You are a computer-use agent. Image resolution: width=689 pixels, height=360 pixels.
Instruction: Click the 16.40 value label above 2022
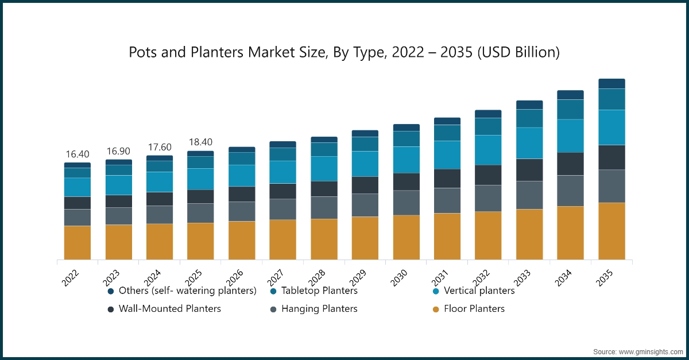coord(78,154)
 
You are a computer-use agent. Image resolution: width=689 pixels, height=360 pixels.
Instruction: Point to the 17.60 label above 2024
coord(160,147)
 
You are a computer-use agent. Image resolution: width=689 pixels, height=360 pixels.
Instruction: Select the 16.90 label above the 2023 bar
coord(119,151)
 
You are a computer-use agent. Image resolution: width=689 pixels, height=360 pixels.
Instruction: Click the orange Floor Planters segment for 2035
coord(611,231)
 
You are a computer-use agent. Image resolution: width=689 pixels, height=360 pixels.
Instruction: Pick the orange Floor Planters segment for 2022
coord(78,242)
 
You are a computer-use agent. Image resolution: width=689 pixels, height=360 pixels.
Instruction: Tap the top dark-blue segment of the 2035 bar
coord(611,84)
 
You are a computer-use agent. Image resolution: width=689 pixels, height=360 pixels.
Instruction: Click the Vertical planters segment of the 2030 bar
coord(407,160)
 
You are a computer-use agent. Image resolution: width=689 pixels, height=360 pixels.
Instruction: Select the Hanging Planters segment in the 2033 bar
coord(529,195)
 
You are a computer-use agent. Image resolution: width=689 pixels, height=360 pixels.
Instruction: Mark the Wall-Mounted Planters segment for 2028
coord(324,189)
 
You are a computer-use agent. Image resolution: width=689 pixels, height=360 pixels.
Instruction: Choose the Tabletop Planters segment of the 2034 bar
coord(571,109)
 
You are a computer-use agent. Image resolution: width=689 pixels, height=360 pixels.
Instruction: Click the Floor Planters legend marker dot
coord(436,309)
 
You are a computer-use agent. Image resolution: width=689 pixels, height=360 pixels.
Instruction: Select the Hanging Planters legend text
coord(319,309)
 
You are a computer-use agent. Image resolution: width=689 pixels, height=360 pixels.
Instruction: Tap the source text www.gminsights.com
coord(651,351)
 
